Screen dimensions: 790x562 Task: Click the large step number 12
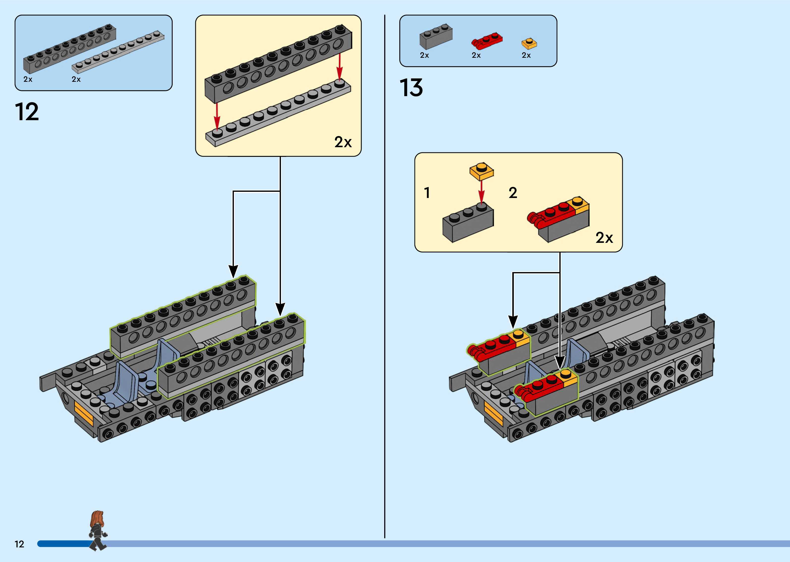[x=27, y=112]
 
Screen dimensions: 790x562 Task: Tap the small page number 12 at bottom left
[x=19, y=544]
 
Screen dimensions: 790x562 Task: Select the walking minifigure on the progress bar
[x=98, y=531]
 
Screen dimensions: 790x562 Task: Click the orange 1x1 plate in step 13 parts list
[x=529, y=44]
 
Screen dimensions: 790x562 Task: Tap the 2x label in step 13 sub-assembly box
[x=604, y=238]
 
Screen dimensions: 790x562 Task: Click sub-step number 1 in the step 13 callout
[x=427, y=193]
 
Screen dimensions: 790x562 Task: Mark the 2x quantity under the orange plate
[x=526, y=55]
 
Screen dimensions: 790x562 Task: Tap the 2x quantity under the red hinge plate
[x=476, y=55]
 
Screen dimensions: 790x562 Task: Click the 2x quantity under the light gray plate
[x=76, y=79]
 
